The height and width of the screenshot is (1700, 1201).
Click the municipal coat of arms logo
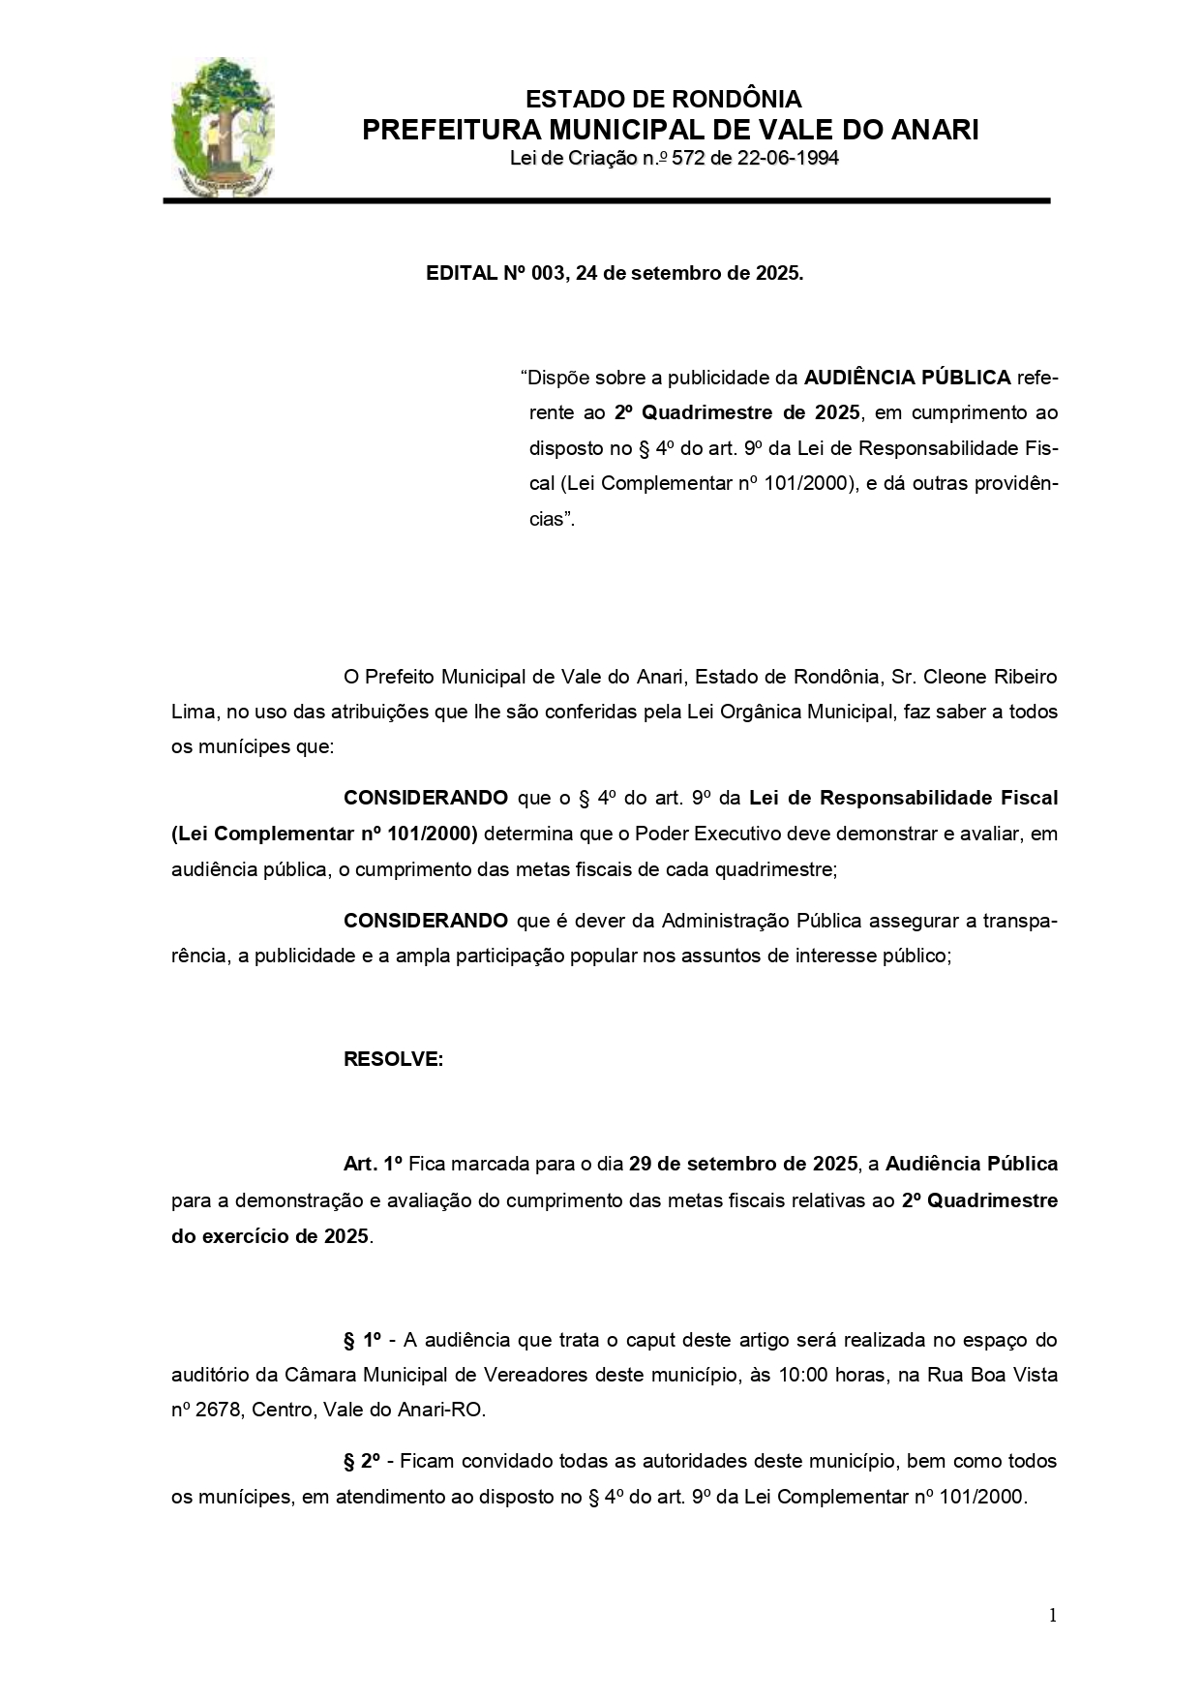coord(222,126)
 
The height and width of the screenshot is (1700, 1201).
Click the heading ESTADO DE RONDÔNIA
coord(663,99)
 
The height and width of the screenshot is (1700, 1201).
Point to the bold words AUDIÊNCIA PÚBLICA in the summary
coord(907,376)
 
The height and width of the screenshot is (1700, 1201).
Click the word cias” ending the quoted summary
coord(552,519)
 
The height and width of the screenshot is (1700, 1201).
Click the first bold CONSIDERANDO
coord(425,798)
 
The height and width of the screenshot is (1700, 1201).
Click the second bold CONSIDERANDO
coord(425,920)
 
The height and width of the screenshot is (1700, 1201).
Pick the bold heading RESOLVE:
coord(393,1059)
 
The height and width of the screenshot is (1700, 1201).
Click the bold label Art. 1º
coord(372,1164)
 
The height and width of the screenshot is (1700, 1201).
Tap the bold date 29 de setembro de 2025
coord(742,1164)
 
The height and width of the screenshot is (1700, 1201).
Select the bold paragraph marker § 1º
coord(363,1340)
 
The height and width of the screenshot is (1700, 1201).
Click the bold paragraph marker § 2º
coord(363,1461)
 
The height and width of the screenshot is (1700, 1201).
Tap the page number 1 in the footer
coord(1052,1615)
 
